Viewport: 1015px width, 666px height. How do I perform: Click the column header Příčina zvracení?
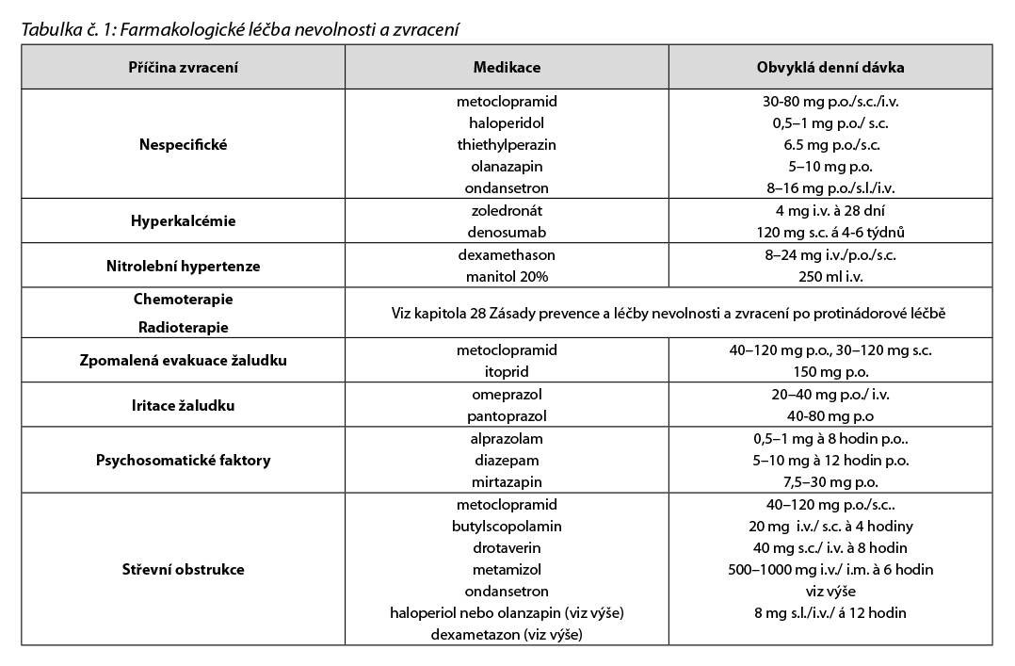tap(183, 69)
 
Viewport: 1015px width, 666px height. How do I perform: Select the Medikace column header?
tap(507, 69)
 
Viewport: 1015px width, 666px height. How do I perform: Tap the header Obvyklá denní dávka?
tap(830, 69)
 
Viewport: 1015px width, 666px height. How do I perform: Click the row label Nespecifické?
tap(183, 145)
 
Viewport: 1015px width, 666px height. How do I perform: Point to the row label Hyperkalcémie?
tap(183, 222)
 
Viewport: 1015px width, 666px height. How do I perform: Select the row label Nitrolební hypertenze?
tap(183, 267)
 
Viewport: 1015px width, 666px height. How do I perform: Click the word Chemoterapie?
tap(183, 299)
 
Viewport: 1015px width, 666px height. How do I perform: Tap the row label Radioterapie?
tap(183, 328)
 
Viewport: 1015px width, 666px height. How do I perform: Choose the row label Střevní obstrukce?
tap(183, 570)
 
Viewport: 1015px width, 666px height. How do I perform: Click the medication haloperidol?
tap(507, 122)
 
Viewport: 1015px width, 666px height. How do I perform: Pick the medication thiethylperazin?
tap(507, 145)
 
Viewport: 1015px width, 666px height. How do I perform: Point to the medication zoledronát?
tap(507, 211)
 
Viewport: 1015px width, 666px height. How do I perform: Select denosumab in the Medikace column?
tap(507, 233)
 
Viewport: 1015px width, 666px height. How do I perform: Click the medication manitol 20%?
tap(507, 277)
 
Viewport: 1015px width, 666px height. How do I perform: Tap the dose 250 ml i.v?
tap(830, 277)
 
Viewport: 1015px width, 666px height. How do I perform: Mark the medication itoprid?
tap(507, 372)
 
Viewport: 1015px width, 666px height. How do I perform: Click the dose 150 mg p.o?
tap(830, 372)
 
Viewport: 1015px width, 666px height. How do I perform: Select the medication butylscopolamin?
tap(507, 526)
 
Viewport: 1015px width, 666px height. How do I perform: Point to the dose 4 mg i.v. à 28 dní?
tap(830, 211)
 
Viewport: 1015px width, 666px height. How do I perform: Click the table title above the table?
tap(240, 29)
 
